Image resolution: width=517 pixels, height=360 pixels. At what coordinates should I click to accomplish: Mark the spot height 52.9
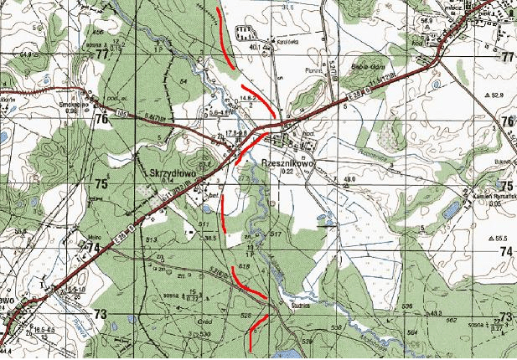tap(498, 95)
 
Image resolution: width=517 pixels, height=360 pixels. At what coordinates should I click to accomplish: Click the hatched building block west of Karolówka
tap(246, 34)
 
